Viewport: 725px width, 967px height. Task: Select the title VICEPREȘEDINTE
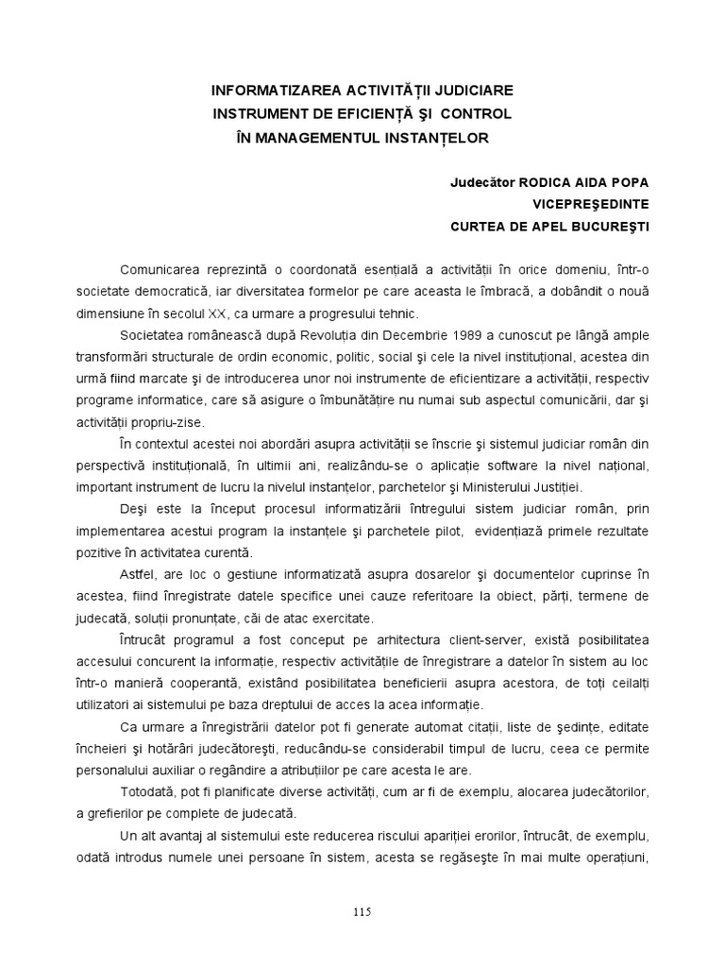coord(591,204)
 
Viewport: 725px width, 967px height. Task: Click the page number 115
coord(362,911)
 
